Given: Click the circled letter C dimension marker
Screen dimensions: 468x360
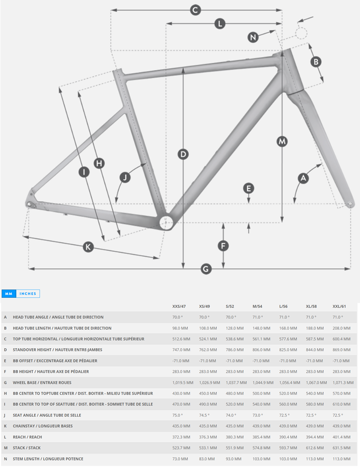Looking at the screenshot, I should [x=196, y=10].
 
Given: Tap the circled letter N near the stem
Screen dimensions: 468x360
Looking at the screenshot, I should [x=253, y=37].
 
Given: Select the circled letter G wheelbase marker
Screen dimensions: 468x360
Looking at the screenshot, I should [x=206, y=269].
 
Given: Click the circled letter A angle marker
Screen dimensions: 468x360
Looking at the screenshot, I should [x=303, y=178].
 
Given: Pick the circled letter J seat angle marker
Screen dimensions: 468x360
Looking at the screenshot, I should [x=124, y=177].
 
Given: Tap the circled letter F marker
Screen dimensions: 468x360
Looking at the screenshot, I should [x=223, y=245].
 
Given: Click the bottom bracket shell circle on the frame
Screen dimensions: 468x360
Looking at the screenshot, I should [x=166, y=223].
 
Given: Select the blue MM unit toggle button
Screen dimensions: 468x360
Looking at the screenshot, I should [x=8, y=294].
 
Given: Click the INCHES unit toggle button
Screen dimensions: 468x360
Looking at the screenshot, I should [x=28, y=294].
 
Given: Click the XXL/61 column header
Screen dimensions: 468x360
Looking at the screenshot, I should [x=340, y=306].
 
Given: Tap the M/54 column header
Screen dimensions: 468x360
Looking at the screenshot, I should [x=258, y=306].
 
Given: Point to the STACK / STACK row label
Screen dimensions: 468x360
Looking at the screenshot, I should [x=27, y=448].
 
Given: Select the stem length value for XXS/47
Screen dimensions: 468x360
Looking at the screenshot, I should [x=180, y=459].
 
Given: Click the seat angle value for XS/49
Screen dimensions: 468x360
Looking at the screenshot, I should [x=204, y=415].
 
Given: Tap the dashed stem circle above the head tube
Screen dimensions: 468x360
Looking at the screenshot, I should [x=301, y=34].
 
